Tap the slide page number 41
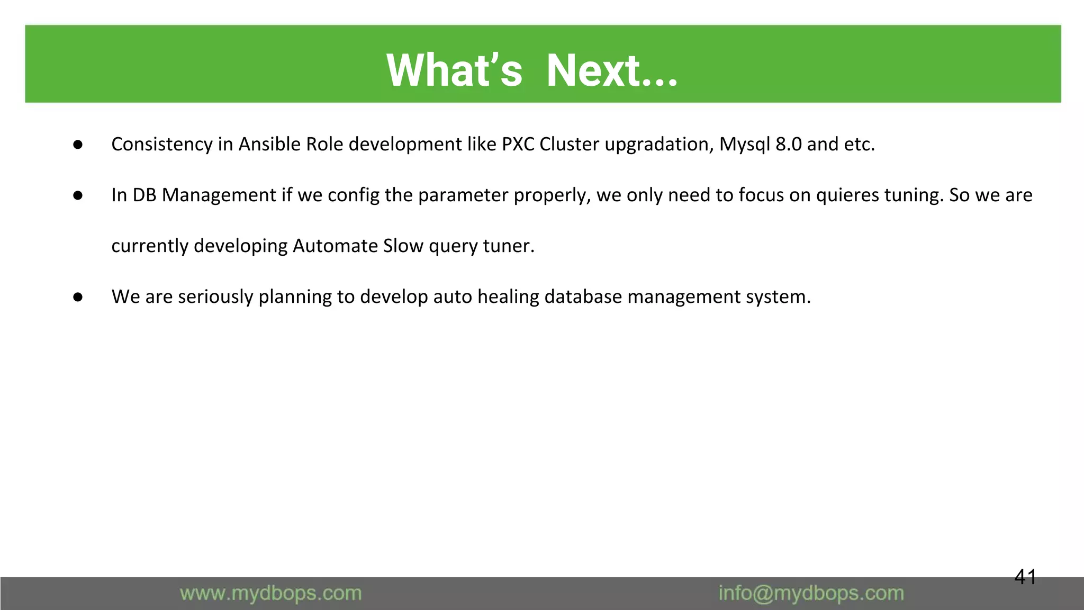point(1025,577)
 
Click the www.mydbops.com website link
point(270,593)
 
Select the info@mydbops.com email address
point(811,593)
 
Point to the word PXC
point(518,144)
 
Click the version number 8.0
point(788,144)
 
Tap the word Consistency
point(161,144)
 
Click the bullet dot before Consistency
point(78,145)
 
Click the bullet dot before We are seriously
point(78,297)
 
